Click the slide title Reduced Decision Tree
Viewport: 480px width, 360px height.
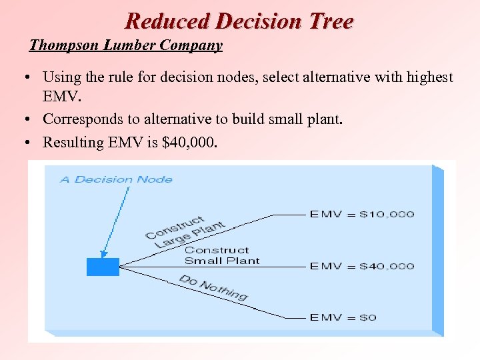point(239,21)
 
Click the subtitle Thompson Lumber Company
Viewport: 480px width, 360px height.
point(126,46)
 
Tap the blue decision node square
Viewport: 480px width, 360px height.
point(103,267)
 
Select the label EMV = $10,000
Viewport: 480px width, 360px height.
point(361,214)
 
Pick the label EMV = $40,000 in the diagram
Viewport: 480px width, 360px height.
point(361,266)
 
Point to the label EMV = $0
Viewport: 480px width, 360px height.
point(343,317)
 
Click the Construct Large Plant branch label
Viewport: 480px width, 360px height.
point(185,231)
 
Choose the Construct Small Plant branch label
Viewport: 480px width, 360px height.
point(221,255)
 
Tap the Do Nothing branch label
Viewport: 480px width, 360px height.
point(213,287)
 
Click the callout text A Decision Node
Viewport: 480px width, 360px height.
point(116,179)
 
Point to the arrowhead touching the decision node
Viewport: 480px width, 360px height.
point(103,254)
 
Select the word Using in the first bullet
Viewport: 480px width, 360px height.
point(59,77)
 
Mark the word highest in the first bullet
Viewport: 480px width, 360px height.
point(428,77)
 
